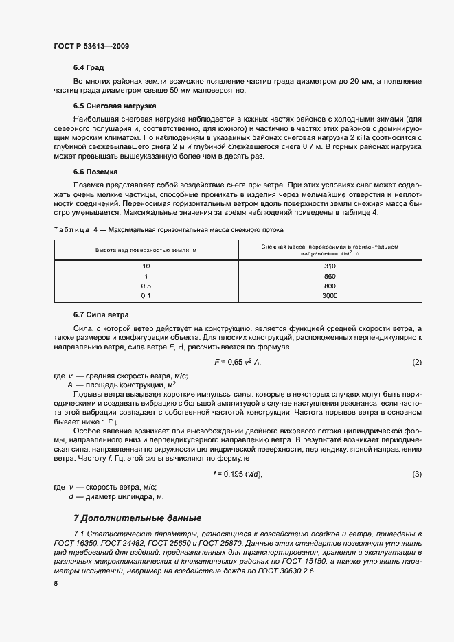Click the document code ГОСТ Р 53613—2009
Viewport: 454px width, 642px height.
tap(91, 46)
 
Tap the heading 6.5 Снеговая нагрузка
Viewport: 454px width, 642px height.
tap(115, 106)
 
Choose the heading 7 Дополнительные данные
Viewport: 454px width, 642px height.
tap(137, 518)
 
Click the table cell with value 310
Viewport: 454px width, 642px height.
tap(329, 266)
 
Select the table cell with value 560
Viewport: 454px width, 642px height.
tap(329, 275)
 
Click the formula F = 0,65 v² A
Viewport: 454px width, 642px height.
tap(238, 362)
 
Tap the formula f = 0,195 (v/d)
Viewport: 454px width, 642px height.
tap(238, 474)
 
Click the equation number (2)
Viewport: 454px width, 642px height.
tap(416, 362)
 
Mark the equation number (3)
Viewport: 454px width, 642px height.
tap(416, 474)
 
